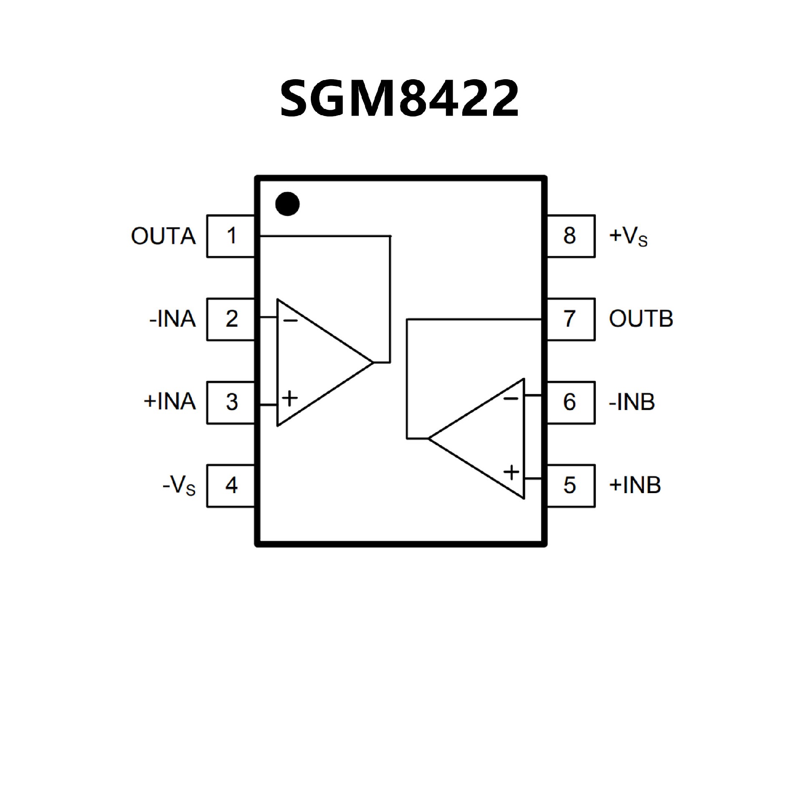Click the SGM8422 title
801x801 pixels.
pos(400,98)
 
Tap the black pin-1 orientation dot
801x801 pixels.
pos(287,204)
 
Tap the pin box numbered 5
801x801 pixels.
pos(570,486)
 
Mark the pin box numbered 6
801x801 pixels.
pos(570,403)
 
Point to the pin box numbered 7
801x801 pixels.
pos(570,319)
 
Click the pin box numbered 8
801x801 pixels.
pos(570,236)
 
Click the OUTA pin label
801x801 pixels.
pos(163,236)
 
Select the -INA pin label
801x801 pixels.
pos(173,319)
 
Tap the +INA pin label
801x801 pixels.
pos(170,402)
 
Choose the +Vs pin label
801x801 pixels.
pos(628,237)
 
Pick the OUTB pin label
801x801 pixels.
pos(641,319)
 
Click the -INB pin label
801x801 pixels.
pos(632,402)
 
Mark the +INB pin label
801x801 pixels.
pos(635,486)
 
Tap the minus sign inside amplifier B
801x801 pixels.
pos(511,399)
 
